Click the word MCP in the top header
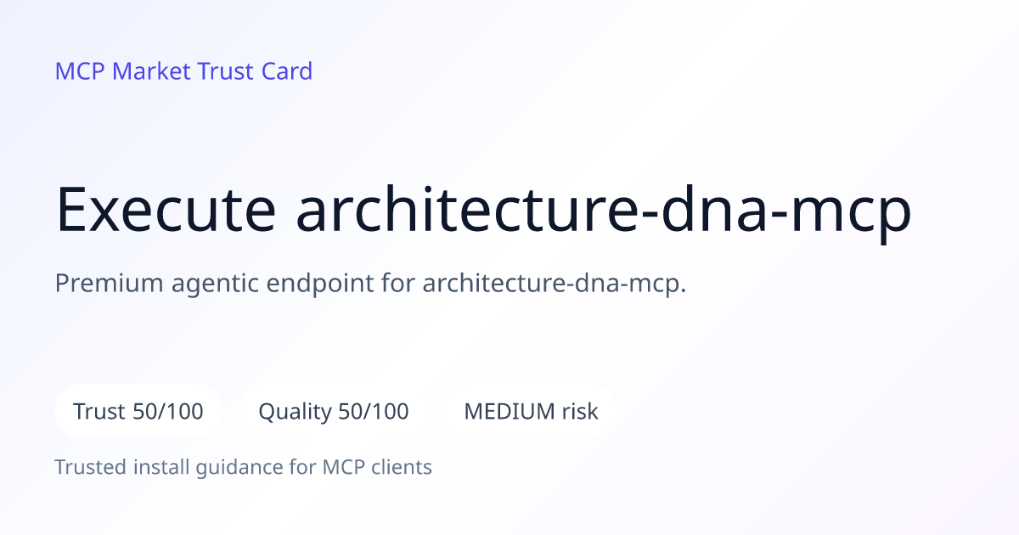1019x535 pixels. point(80,71)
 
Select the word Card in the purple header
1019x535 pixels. point(287,71)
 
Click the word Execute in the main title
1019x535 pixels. point(166,211)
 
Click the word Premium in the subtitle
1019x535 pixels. point(110,283)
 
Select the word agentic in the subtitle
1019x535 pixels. point(215,284)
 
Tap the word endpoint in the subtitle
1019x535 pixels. point(320,284)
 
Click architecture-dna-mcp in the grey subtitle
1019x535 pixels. point(554,284)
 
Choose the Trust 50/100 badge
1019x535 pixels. point(138,411)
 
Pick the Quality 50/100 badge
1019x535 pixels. point(334,411)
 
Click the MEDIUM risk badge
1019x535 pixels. point(531,411)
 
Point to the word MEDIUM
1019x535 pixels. point(509,411)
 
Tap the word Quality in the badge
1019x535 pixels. point(296,413)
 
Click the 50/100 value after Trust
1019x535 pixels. point(168,411)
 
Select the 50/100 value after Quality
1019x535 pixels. point(374,411)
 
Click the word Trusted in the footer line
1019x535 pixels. point(91,467)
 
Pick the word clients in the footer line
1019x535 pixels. point(402,467)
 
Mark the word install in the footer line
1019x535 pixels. point(161,467)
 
